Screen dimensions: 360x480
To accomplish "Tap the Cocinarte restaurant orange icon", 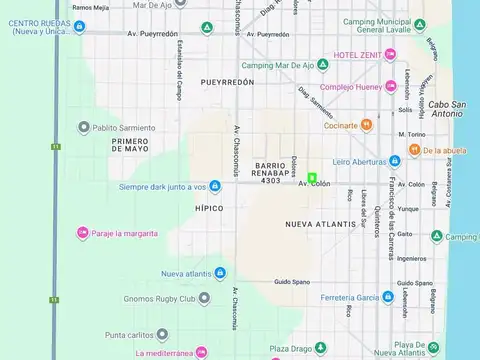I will [x=367, y=125].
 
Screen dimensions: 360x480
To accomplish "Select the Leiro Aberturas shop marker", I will [x=395, y=161].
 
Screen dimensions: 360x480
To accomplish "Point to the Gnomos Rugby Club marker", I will [x=204, y=298].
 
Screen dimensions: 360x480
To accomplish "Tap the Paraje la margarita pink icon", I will [x=82, y=233].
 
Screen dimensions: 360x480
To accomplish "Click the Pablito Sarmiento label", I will [x=123, y=127].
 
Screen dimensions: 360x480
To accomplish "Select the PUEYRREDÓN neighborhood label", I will [x=227, y=82].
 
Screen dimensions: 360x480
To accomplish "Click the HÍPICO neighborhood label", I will [x=209, y=208].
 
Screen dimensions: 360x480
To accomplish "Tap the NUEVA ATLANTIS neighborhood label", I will [x=320, y=224].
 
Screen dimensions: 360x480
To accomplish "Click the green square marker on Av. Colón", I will [x=312, y=178].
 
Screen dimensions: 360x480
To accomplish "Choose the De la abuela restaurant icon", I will [x=415, y=151].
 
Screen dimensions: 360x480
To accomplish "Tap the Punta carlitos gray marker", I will [x=162, y=334].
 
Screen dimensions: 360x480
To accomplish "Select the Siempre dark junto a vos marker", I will [x=215, y=187].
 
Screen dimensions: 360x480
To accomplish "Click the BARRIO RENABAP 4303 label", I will [x=270, y=172].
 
